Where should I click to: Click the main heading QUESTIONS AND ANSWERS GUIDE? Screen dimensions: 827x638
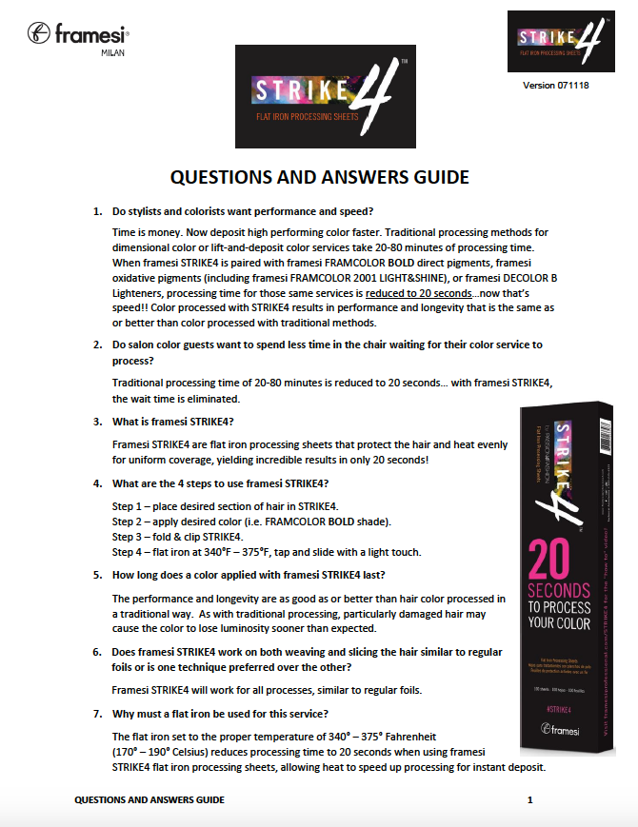click(319, 177)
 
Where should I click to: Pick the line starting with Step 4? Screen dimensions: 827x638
click(266, 552)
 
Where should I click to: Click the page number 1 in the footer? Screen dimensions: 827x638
click(529, 800)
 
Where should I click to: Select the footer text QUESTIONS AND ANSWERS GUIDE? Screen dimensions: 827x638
click(150, 800)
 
